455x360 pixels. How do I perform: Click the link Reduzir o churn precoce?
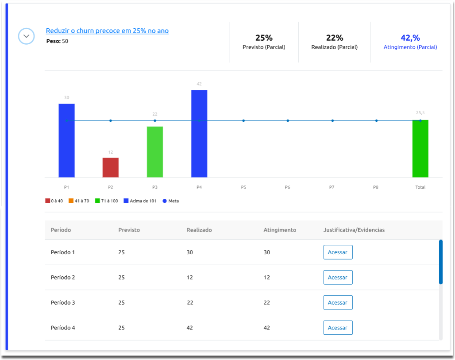(107, 31)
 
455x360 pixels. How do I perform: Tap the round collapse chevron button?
(26, 36)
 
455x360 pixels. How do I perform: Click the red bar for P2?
(111, 167)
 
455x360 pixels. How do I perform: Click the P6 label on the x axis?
(288, 187)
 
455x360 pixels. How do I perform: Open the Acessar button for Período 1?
(338, 252)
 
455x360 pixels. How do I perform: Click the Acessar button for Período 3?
(338, 303)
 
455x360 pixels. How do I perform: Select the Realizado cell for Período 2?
(190, 278)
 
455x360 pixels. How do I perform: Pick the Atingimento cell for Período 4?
(267, 328)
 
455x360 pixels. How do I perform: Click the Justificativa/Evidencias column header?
(354, 230)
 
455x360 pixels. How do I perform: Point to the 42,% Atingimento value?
(410, 38)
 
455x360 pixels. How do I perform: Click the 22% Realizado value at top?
(334, 38)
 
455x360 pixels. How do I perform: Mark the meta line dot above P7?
(332, 120)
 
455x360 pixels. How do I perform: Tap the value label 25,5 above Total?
(420, 113)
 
